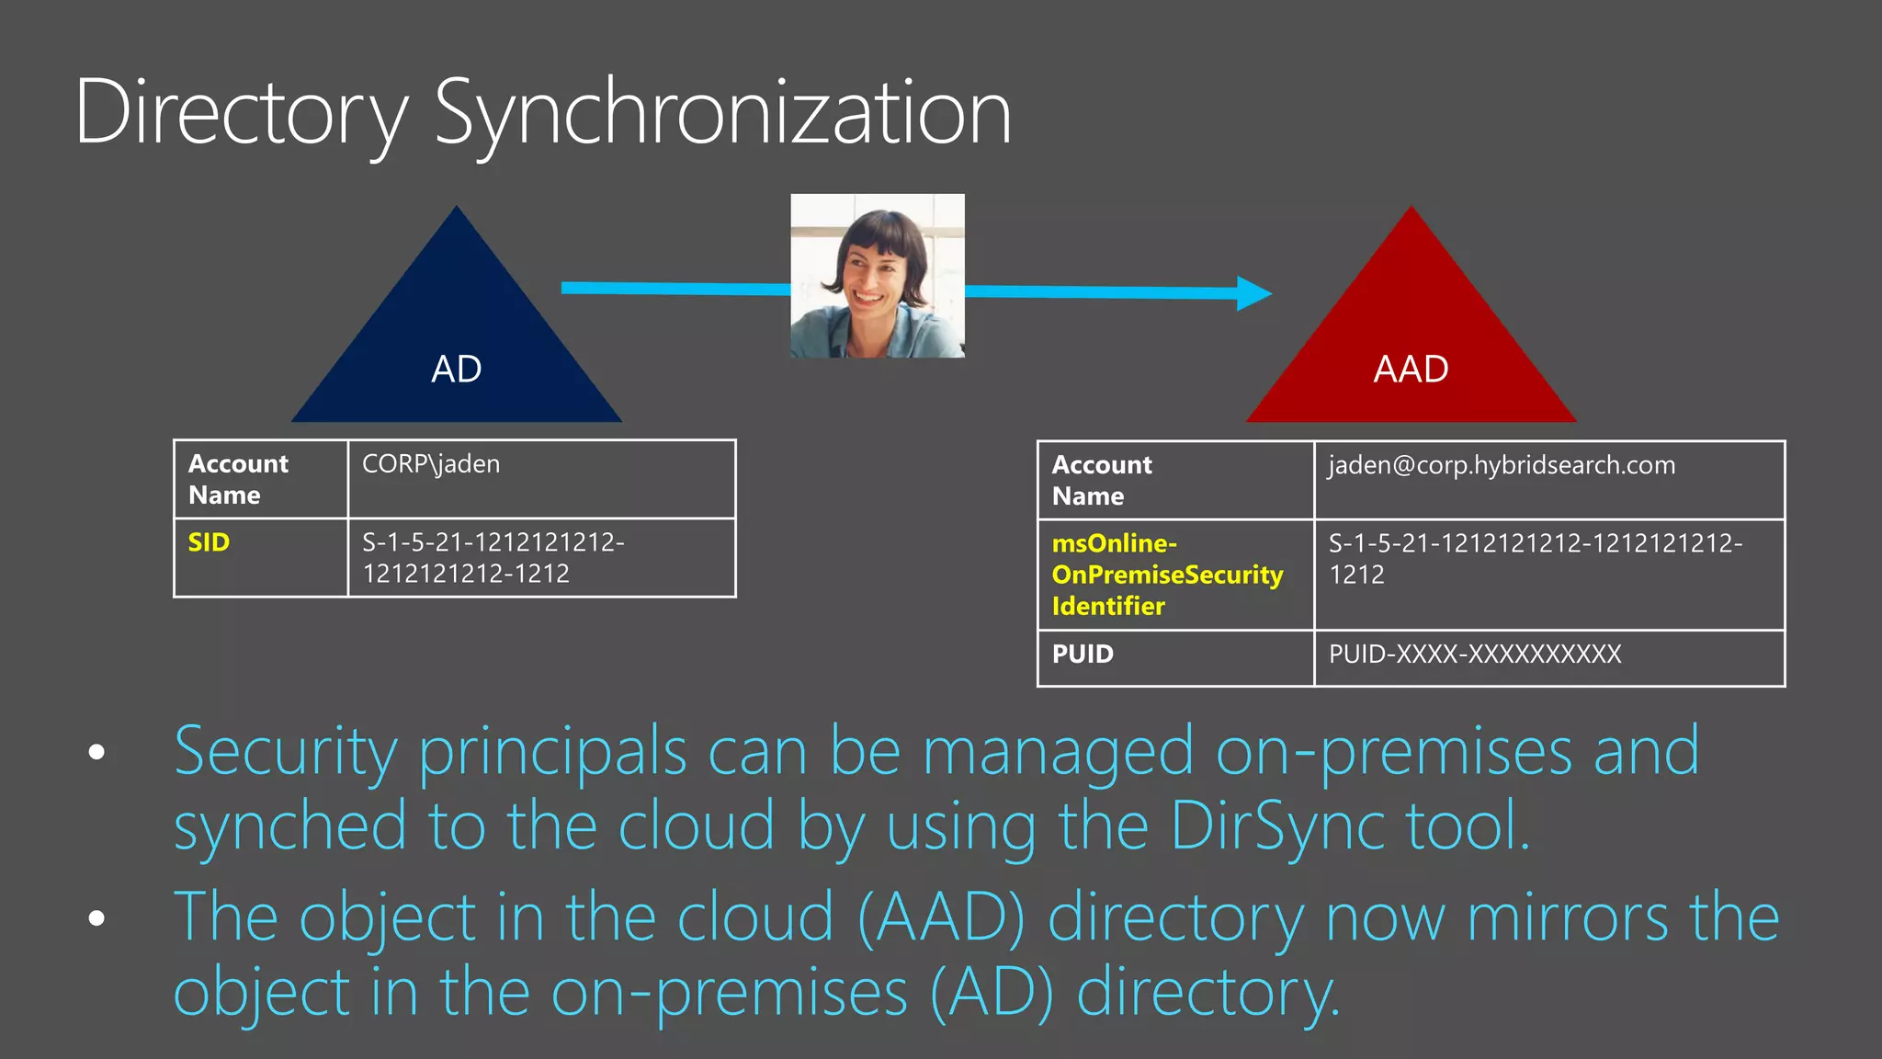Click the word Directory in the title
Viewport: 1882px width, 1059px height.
(241, 114)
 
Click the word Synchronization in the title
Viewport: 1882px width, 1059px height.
(722, 114)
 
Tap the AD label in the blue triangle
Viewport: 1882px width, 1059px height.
(457, 370)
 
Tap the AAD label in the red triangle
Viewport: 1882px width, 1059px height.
(1411, 370)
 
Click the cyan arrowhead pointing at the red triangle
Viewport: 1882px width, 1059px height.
(1253, 293)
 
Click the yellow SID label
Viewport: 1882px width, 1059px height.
(209, 542)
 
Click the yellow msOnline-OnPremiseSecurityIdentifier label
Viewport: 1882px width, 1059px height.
(1167, 575)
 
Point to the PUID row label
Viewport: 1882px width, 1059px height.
(1083, 655)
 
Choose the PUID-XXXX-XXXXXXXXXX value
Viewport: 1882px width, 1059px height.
(1475, 655)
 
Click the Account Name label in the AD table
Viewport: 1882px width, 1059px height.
(238, 479)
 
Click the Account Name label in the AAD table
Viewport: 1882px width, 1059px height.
(1102, 480)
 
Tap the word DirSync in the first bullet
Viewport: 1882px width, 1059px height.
(1278, 826)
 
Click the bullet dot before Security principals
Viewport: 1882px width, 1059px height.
(96, 753)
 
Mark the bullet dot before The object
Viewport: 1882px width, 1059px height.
(96, 917)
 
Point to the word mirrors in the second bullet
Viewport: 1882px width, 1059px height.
(1568, 917)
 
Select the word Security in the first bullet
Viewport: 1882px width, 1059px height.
(285, 752)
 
